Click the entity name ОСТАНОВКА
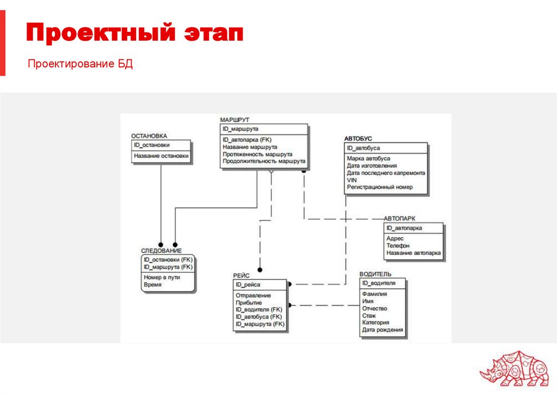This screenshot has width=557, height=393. (x=149, y=136)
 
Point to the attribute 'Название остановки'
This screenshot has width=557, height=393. (x=162, y=155)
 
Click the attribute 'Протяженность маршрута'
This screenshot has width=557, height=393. (x=257, y=154)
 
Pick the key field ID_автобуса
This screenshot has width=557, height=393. (x=363, y=148)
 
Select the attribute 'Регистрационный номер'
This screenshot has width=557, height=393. (x=379, y=187)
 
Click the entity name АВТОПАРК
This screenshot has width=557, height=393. (x=399, y=218)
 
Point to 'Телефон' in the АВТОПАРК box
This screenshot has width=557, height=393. (x=398, y=246)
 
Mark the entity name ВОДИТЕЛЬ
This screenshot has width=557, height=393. (x=375, y=274)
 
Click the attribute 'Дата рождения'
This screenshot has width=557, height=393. (x=382, y=329)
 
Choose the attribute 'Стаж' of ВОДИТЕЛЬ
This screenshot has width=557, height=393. (x=369, y=315)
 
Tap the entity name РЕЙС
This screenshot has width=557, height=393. (x=242, y=276)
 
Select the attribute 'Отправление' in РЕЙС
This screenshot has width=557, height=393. (x=253, y=295)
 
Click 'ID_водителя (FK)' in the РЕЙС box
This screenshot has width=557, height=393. (x=258, y=309)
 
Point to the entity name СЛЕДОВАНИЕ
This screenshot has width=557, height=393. (x=161, y=251)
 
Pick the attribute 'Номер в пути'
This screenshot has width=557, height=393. (x=162, y=277)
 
